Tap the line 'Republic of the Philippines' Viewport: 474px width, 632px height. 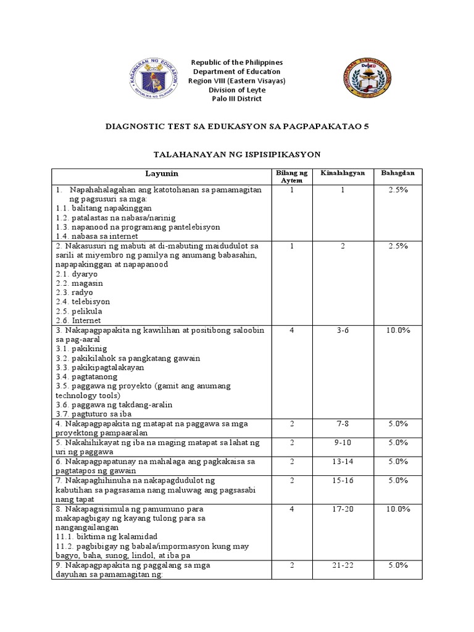(x=237, y=62)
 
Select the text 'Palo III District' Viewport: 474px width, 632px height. (x=237, y=99)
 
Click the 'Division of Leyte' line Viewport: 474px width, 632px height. (x=237, y=89)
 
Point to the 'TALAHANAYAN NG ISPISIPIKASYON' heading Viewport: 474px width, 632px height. (x=236, y=154)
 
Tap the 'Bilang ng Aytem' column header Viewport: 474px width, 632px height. (x=290, y=176)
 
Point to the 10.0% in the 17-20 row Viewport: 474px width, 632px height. (x=398, y=509)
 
